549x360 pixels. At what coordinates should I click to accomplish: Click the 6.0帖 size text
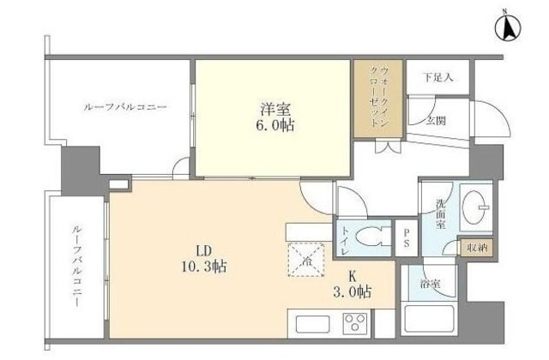(274, 127)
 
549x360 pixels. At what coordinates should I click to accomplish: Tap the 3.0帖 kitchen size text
(353, 292)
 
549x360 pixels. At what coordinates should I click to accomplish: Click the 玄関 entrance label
(437, 121)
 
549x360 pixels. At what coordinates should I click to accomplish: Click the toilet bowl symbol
(375, 237)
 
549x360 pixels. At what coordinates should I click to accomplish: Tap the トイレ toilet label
(344, 237)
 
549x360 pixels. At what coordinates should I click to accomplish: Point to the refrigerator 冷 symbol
(305, 260)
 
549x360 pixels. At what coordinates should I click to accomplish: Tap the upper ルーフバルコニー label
(124, 107)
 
